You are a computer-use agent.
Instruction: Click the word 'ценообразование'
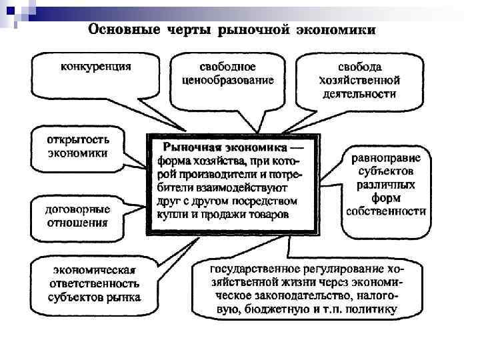coord(227,80)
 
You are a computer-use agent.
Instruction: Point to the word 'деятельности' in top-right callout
coord(359,94)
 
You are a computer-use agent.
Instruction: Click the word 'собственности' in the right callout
coord(385,211)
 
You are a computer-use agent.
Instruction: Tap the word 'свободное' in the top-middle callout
coord(227,67)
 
